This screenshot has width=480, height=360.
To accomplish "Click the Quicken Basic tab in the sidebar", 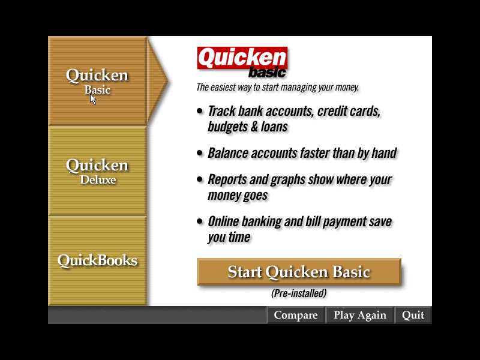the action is coord(97,81).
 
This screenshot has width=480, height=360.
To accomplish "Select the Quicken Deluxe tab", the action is coord(97,171).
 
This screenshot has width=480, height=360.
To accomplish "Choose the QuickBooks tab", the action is coord(97,261).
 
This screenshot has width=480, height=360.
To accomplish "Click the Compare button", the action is coord(295,315).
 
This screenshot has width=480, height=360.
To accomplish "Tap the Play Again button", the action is coord(359,315).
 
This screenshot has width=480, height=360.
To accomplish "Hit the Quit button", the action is coord(413,315).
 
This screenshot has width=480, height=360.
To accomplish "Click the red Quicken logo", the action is coord(242,58).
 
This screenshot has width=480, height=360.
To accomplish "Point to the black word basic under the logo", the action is coord(267,72).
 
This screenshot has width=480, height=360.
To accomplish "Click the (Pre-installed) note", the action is coord(299,293).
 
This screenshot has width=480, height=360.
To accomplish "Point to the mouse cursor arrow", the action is coord(93,99).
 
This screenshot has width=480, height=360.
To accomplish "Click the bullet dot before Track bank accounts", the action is coord(200,111).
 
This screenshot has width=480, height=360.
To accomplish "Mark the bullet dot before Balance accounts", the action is coord(200,153).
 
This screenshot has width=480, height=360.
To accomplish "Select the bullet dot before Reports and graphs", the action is coord(200,179).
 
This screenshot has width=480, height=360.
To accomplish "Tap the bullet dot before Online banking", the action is coord(200,221).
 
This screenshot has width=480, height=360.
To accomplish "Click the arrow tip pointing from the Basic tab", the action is coord(168,81).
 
